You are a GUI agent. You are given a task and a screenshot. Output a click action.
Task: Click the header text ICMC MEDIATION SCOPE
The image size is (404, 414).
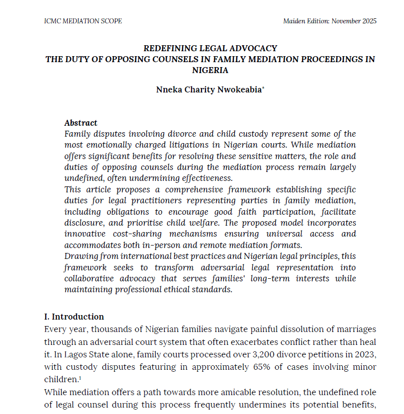83,21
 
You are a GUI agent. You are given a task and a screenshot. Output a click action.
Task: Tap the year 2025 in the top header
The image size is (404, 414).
368,21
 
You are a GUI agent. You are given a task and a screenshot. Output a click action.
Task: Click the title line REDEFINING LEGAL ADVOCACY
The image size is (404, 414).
210,48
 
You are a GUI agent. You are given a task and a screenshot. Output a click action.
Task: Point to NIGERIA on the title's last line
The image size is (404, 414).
210,70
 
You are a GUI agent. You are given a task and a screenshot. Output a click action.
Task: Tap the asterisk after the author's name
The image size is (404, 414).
263,88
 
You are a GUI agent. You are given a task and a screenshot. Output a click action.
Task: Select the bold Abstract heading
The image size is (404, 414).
81,123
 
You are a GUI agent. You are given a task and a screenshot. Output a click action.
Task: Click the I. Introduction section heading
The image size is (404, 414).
74,317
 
